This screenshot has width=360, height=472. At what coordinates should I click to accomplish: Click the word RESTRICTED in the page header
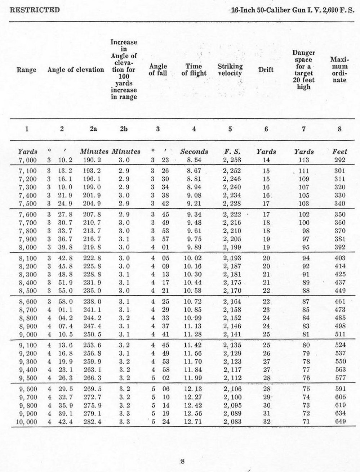tap(35, 10)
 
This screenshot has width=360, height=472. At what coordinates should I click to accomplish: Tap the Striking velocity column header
tap(230, 70)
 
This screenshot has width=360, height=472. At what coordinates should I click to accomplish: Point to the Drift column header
tap(266, 70)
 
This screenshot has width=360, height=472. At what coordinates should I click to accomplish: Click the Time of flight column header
tap(194, 70)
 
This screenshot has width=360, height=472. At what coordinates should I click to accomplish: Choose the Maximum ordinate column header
tap(339, 70)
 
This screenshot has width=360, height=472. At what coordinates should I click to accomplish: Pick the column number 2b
tap(124, 129)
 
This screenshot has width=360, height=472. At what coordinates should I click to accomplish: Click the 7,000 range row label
tap(27, 160)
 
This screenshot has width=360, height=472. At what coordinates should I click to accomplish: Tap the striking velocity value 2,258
tap(232, 160)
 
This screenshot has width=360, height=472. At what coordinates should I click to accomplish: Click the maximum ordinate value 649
tap(339, 422)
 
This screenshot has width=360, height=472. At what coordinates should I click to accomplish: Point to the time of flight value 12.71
tap(194, 422)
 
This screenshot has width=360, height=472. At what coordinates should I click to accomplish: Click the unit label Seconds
tap(194, 152)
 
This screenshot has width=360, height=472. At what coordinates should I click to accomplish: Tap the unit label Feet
tap(339, 152)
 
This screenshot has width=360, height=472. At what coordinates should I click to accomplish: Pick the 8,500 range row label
tap(27, 290)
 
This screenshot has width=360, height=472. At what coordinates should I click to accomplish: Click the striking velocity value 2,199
tap(232, 247)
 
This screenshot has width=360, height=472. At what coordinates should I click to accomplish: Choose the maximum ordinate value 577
tap(339, 378)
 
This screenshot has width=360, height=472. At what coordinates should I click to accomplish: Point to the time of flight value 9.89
tap(194, 247)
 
